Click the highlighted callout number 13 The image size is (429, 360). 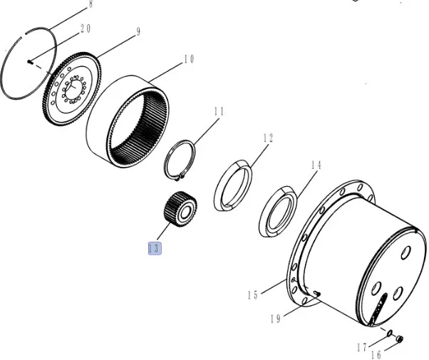(155, 249)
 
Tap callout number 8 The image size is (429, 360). (91, 4)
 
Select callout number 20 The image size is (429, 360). (86, 29)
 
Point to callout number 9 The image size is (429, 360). (138, 31)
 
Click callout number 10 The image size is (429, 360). (189, 59)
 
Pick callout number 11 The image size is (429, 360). (219, 111)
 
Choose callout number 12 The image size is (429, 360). (268, 138)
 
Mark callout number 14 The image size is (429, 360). (316, 165)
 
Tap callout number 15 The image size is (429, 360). (253, 295)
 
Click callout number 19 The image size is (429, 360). (276, 319)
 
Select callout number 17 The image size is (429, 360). (362, 348)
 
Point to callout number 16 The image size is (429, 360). (376, 355)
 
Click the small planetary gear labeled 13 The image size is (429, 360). (180, 210)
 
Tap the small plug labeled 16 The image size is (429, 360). (400, 339)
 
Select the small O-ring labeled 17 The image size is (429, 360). (389, 333)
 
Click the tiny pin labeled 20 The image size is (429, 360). (30, 62)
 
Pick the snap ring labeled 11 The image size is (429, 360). (180, 160)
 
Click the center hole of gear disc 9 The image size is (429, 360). (73, 89)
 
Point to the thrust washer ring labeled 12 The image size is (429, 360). (233, 185)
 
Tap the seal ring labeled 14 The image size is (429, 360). (278, 212)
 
